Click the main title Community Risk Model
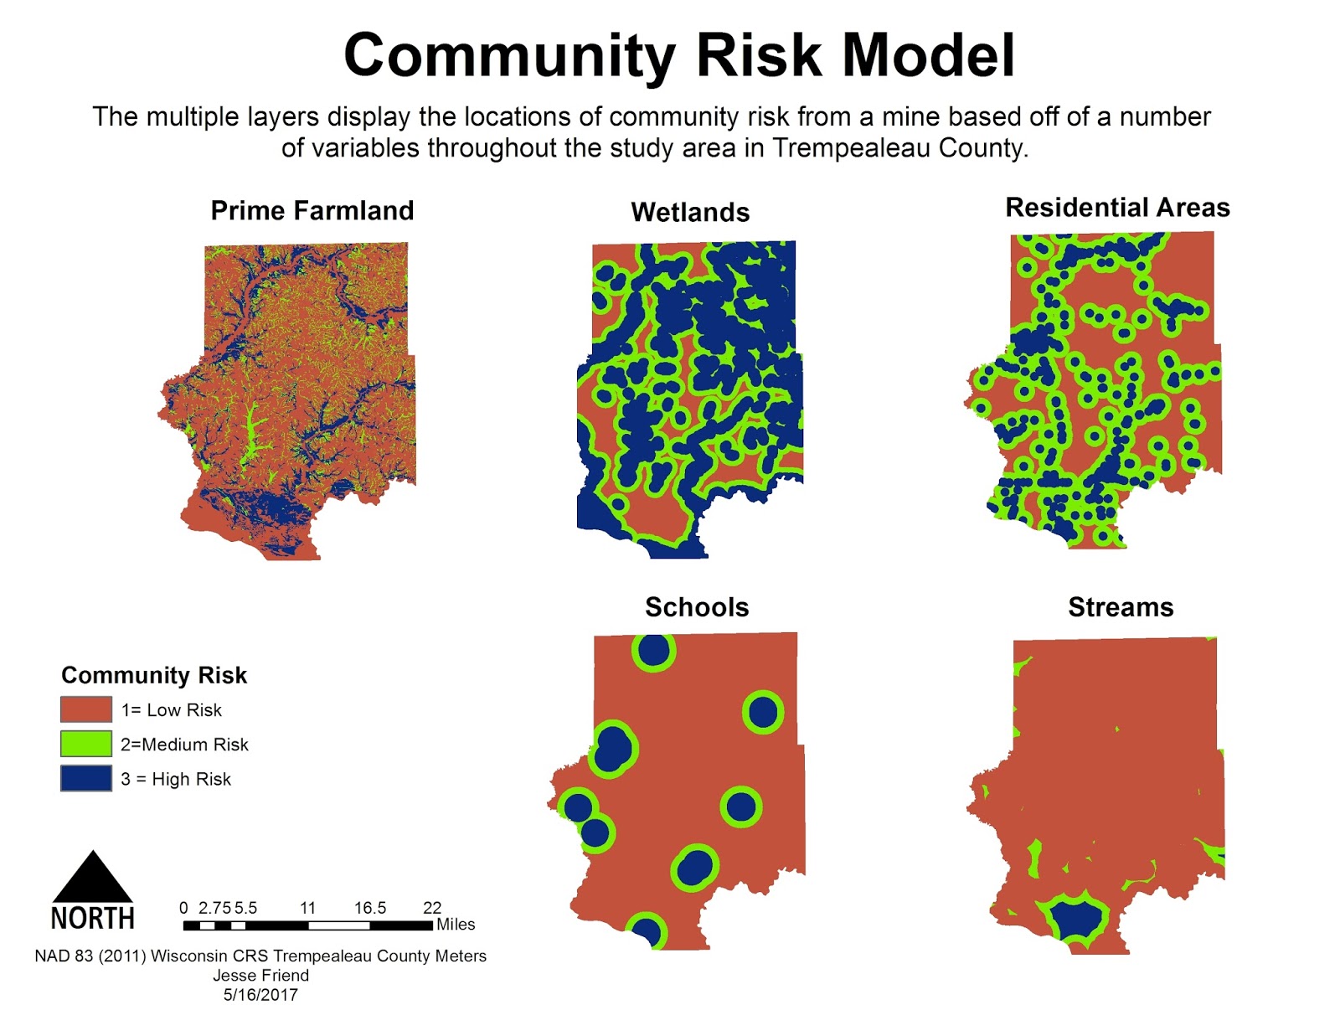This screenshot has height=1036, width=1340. pyautogui.click(x=679, y=55)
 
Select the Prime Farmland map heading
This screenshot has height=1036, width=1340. pyautogui.click(x=312, y=210)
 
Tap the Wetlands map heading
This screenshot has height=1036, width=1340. pyautogui.click(x=690, y=212)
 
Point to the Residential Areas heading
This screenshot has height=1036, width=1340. pyautogui.click(x=1117, y=207)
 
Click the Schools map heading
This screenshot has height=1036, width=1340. pyautogui.click(x=697, y=607)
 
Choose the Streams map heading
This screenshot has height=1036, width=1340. pyautogui.click(x=1121, y=607)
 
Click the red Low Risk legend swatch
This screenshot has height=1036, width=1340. pyautogui.click(x=85, y=709)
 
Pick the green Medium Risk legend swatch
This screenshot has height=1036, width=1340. pyautogui.click(x=85, y=744)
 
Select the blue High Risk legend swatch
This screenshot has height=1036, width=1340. pyautogui.click(x=85, y=778)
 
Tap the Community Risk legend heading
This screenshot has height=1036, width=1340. pyautogui.click(x=154, y=675)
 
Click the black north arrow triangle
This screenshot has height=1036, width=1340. pyautogui.click(x=93, y=879)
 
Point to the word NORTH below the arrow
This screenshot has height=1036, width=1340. pyautogui.click(x=93, y=919)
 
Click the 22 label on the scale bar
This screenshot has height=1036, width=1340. pyautogui.click(x=432, y=908)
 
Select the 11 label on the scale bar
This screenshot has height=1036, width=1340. pyautogui.click(x=307, y=908)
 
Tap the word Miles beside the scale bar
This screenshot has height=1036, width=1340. pyautogui.click(x=456, y=925)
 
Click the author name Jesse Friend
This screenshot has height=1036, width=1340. pyautogui.click(x=260, y=975)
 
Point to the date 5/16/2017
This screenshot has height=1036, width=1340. pyautogui.click(x=260, y=995)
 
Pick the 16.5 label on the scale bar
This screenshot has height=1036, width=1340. pyautogui.click(x=370, y=908)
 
